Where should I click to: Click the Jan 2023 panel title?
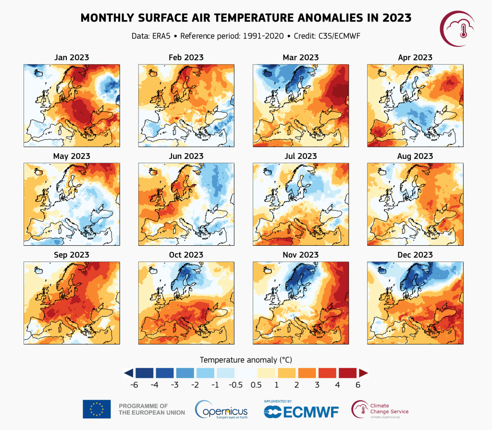pyautogui.click(x=72, y=58)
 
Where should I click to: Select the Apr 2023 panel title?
pyautogui.click(x=415, y=58)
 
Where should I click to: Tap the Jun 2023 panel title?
pyautogui.click(x=186, y=156)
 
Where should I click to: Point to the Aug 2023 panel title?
pyautogui.click(x=415, y=156)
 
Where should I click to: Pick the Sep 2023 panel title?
pyautogui.click(x=72, y=255)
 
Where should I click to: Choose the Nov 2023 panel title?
pyautogui.click(x=300, y=255)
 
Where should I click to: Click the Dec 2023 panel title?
pyautogui.click(x=415, y=255)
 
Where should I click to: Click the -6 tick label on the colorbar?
pyautogui.click(x=135, y=384)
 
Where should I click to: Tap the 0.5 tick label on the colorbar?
pyautogui.click(x=256, y=384)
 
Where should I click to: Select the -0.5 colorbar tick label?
pyautogui.click(x=234, y=384)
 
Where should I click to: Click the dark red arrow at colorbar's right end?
pyautogui.click(x=363, y=372)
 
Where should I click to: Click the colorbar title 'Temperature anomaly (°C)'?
pyautogui.click(x=246, y=359)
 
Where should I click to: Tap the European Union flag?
pyautogui.click(x=97, y=409)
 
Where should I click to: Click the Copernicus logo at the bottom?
pyautogui.click(x=221, y=410)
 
